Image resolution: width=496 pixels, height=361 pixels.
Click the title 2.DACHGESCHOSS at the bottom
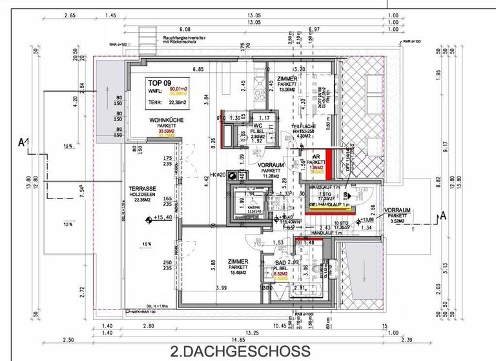pos(240,351)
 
